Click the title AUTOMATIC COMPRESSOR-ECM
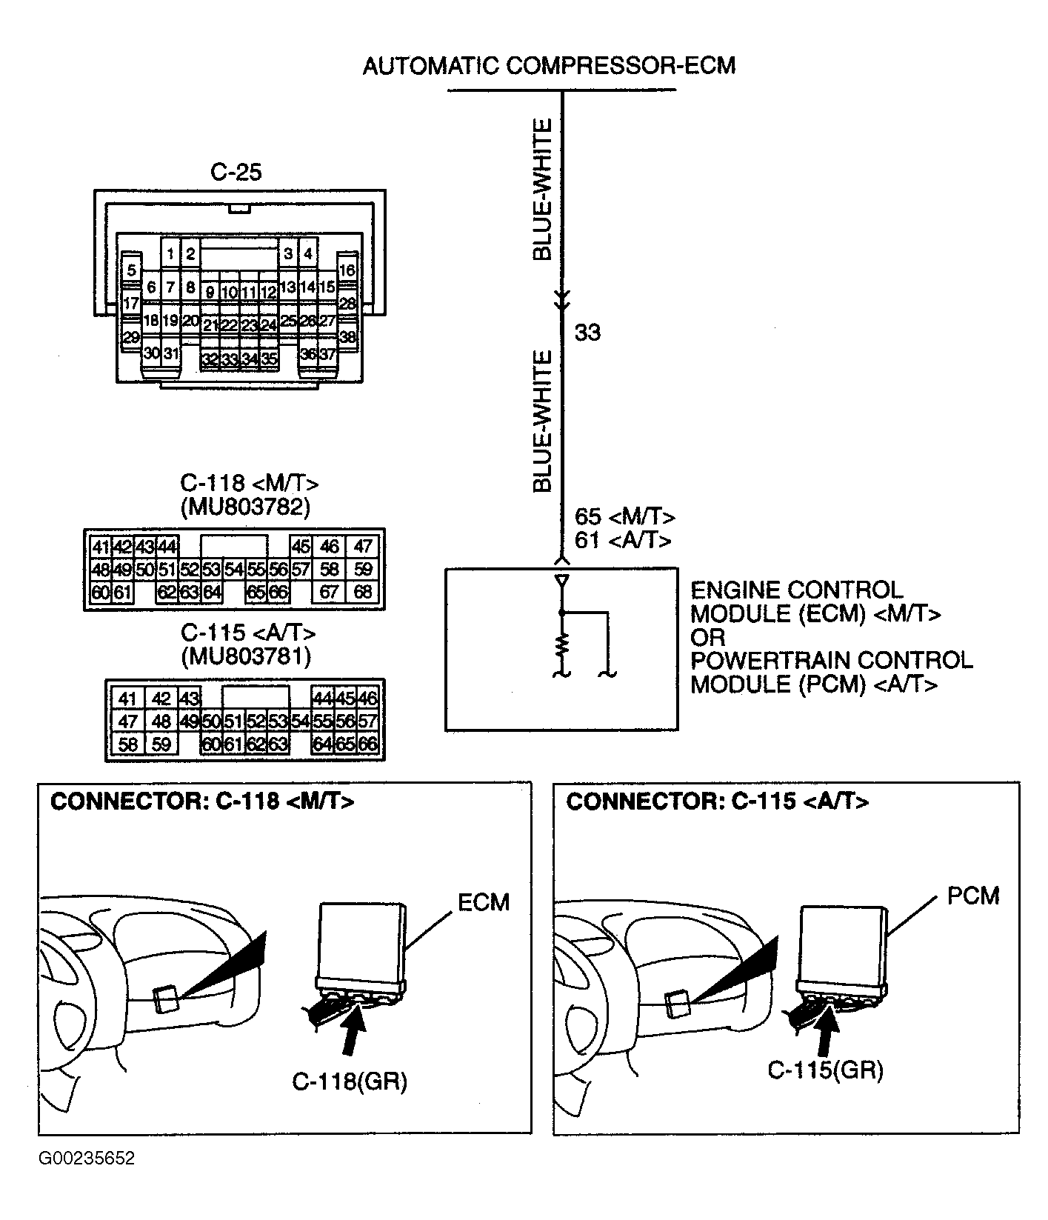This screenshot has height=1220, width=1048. (x=549, y=66)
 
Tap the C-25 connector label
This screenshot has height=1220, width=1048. (x=237, y=172)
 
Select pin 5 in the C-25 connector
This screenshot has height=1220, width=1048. (x=132, y=270)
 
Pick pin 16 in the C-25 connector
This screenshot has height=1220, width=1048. (x=347, y=270)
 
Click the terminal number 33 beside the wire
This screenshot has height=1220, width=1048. (x=587, y=333)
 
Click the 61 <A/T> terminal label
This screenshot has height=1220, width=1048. (x=623, y=540)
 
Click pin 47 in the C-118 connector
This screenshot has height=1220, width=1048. (x=363, y=547)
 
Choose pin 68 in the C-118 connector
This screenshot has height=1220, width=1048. (x=363, y=593)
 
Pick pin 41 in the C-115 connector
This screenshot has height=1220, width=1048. (x=128, y=699)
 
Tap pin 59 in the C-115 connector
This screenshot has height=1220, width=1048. (x=161, y=744)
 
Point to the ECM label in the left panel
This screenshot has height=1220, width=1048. (x=484, y=902)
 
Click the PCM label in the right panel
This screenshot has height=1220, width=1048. (x=973, y=896)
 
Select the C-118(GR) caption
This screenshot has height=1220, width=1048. (x=350, y=1082)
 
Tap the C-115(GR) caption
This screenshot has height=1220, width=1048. (x=825, y=1070)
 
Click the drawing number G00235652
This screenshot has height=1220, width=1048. (x=87, y=1179)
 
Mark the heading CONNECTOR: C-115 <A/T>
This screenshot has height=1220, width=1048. (x=718, y=801)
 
